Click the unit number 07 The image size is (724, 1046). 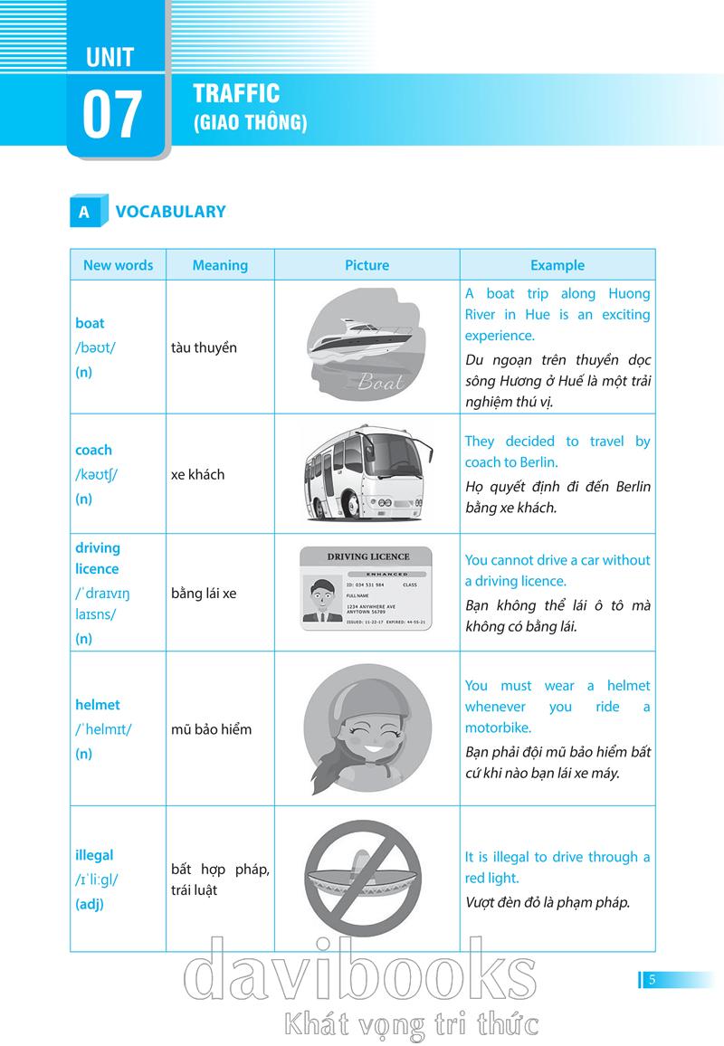113,115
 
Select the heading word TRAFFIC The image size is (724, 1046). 236,93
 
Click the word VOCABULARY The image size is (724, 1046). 170,212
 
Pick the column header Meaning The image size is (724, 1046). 219,265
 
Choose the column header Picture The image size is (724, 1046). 367,265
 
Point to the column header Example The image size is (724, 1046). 557,265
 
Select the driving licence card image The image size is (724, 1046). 367,589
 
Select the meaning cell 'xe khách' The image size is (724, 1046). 197,474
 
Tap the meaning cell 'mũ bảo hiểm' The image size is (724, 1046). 211,729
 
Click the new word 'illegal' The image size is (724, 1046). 94,855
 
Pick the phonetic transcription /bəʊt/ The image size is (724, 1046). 95,347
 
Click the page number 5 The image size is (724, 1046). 652,979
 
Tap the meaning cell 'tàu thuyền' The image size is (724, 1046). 204,347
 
